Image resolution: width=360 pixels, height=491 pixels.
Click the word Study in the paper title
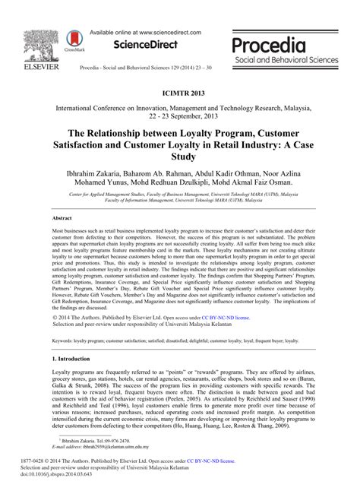click(180, 158)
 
